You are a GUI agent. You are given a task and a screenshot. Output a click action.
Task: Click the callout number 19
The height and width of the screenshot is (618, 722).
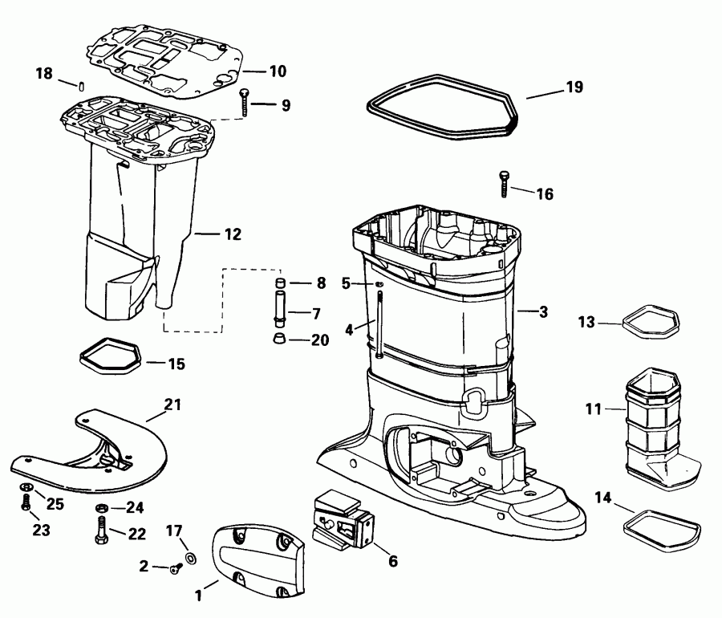(x=574, y=87)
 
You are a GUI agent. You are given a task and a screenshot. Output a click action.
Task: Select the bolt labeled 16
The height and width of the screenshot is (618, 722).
(x=504, y=183)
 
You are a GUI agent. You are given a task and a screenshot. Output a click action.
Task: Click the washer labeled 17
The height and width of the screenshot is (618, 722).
(x=191, y=557)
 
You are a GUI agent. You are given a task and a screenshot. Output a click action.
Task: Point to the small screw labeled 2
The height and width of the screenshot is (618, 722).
(x=175, y=568)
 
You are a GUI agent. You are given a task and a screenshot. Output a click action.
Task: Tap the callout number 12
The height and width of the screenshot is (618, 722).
(x=232, y=234)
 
